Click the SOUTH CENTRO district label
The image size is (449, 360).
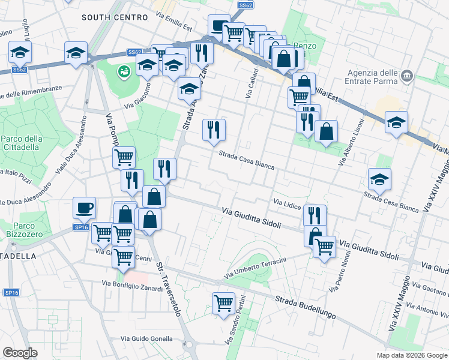pos(114,17)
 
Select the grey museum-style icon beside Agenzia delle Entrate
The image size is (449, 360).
pos(407,76)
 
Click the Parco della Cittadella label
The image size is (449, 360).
pos(21,143)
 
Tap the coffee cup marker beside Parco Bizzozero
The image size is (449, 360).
pos(84,208)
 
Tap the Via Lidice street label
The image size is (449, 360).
pos(287,204)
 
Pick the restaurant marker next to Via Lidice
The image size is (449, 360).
pos(315,215)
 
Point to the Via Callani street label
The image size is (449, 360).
pos(252,83)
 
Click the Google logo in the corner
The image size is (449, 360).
pos(20,353)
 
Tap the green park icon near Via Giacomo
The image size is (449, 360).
pos(124,72)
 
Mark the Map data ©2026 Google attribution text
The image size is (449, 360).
pos(411,355)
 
